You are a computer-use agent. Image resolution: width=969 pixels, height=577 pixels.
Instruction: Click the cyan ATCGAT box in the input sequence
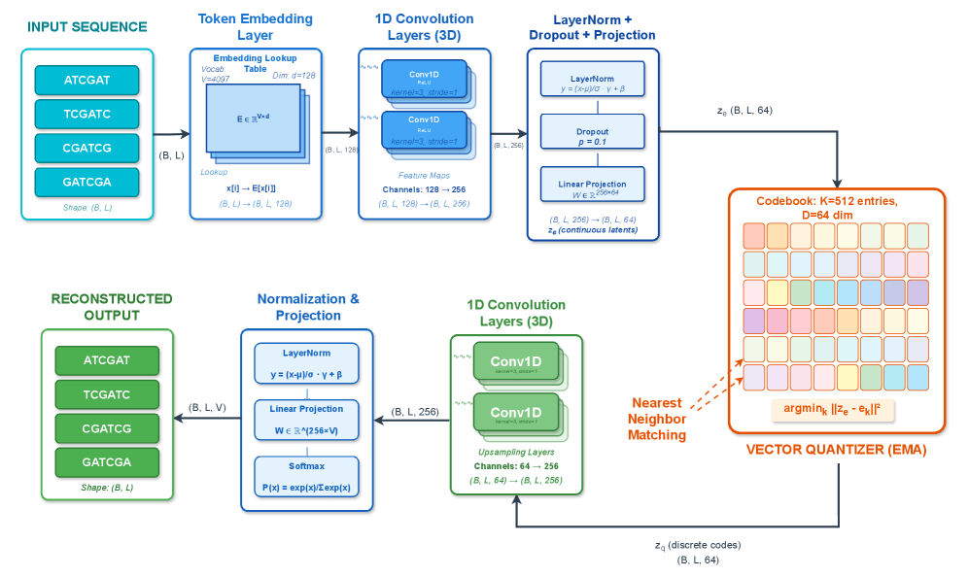[87, 80]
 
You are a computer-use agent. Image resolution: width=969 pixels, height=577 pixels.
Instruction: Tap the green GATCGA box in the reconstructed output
[107, 461]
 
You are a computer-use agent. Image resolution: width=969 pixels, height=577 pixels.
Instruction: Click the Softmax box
[306, 476]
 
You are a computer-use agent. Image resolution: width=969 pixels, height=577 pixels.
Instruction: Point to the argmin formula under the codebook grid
[833, 409]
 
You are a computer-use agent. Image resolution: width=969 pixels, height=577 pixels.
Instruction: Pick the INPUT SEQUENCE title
[87, 27]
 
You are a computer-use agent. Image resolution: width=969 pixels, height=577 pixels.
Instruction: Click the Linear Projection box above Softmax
[306, 420]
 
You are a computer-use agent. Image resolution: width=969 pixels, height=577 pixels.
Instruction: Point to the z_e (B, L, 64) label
[744, 111]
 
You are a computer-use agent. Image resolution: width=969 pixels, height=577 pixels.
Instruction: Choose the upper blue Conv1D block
[424, 78]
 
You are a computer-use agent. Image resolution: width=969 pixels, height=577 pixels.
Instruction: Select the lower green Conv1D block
[514, 414]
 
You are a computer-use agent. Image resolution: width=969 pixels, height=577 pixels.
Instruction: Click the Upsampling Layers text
[516, 453]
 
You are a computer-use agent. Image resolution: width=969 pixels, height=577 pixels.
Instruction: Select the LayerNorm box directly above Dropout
[592, 82]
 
